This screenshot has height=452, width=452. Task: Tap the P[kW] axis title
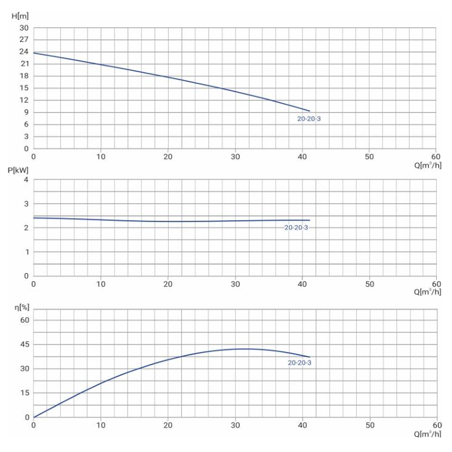[x=19, y=170]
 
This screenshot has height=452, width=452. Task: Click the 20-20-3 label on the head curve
[x=308, y=119]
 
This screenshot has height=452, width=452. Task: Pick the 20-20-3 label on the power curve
[x=296, y=228]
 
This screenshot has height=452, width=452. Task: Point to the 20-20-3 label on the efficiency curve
[x=299, y=363]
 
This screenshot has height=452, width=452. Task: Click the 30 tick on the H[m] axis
[x=24, y=28]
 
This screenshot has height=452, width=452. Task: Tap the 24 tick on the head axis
[x=24, y=52]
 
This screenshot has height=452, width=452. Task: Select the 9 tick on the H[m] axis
[x=26, y=112]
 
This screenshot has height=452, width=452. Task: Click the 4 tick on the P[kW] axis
[x=26, y=180]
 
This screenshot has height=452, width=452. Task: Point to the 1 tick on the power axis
[x=26, y=252]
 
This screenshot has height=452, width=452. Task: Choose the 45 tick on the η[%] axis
[x=24, y=345]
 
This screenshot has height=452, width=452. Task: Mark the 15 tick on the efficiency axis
[x=24, y=393]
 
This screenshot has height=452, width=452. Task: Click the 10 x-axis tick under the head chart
[x=101, y=156]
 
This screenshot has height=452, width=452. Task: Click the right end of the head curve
[x=309, y=111]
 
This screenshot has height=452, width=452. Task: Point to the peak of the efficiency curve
[x=245, y=349]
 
